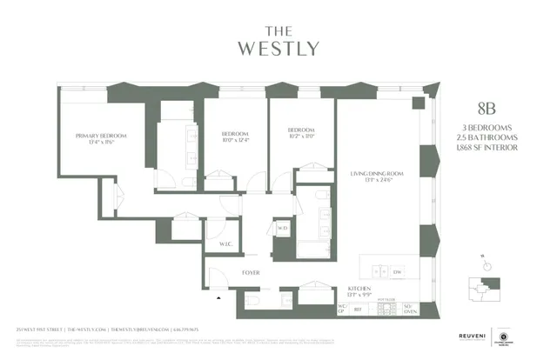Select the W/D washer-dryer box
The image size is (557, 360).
pos(282,230)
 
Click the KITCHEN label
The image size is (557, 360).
pos(360,287)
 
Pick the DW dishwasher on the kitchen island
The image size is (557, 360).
pos(397,273)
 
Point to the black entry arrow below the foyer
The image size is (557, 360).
pos(219,297)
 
